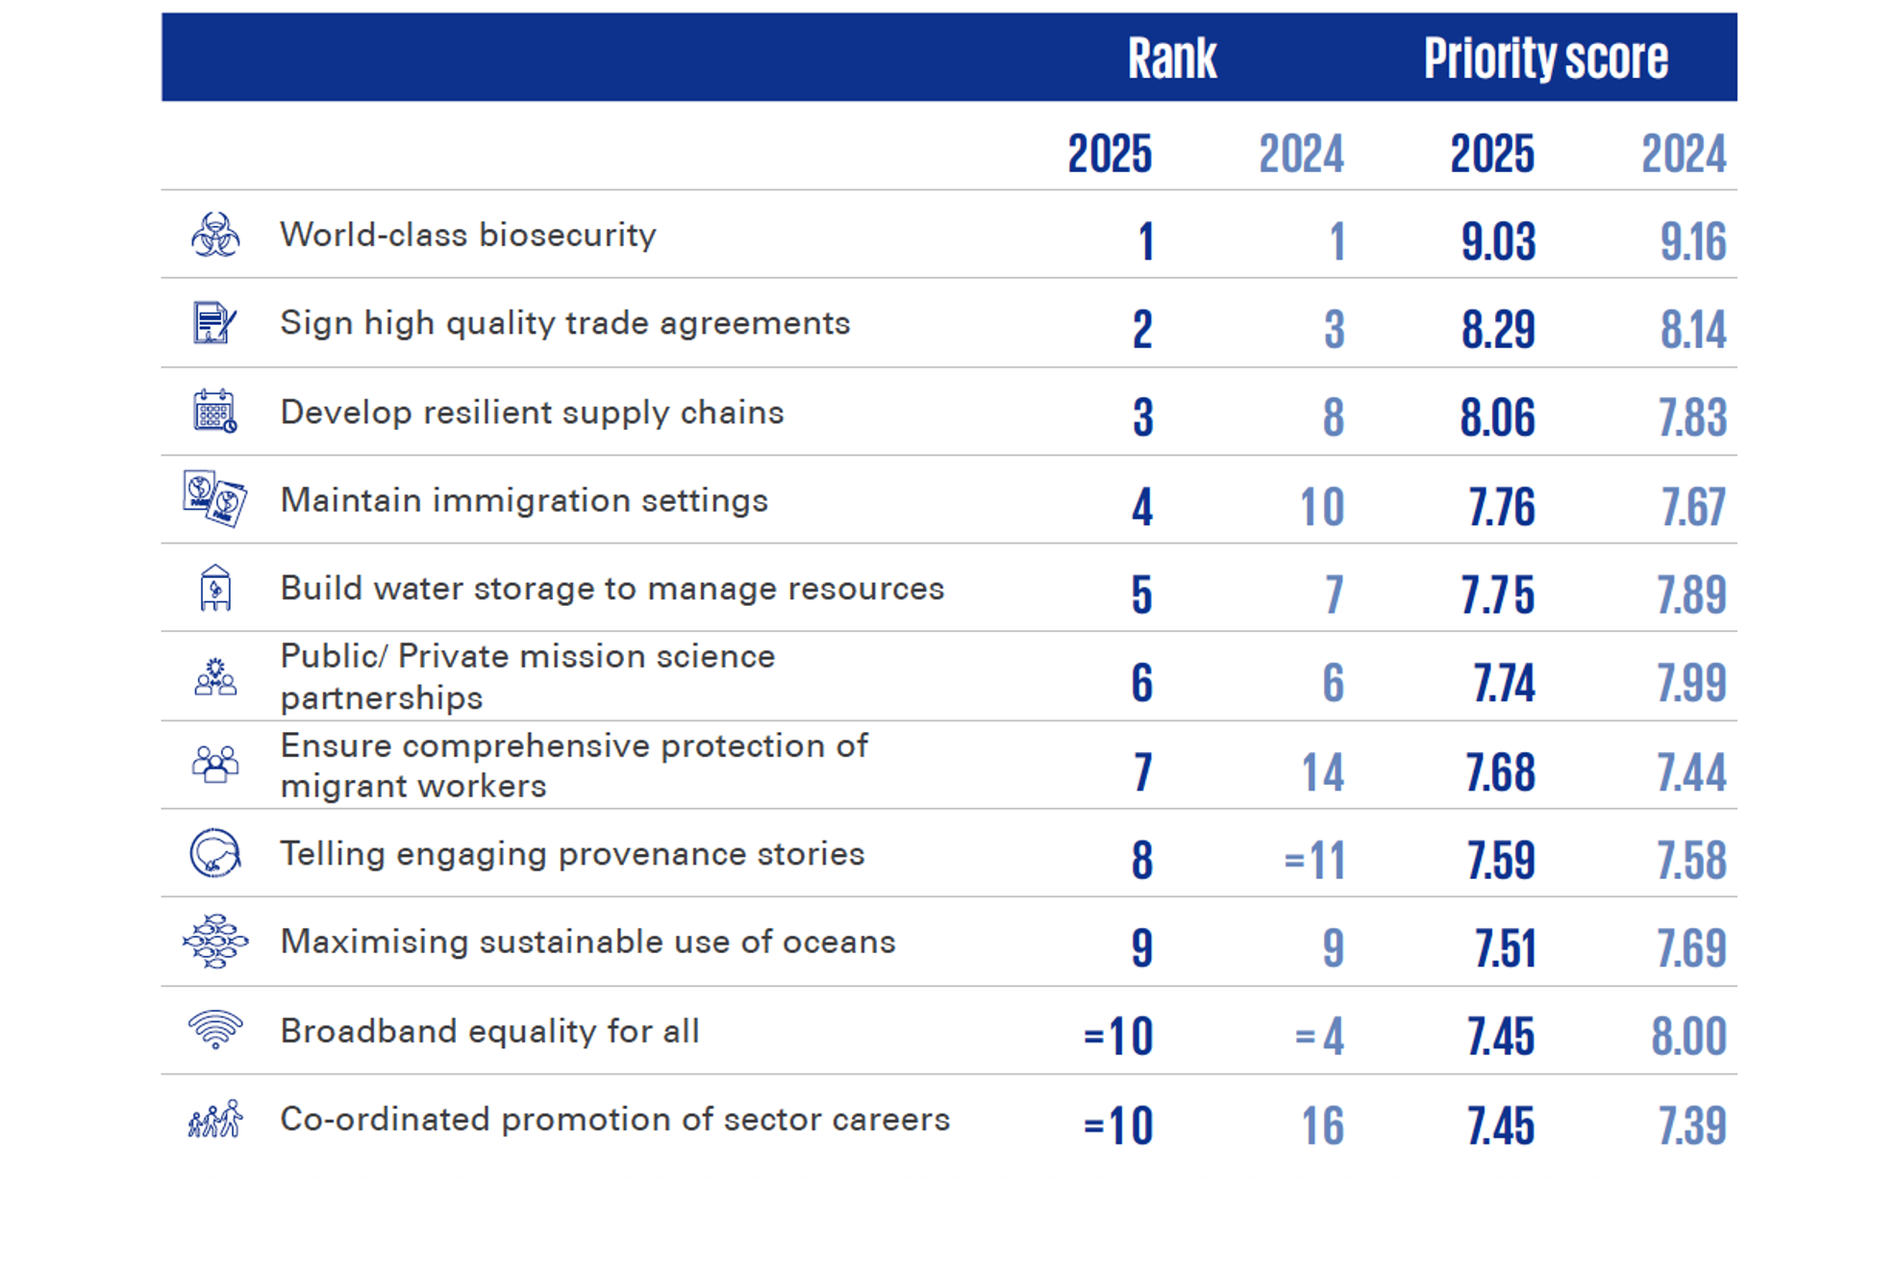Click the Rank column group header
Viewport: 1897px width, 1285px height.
(1171, 58)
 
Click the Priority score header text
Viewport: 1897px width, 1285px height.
(1545, 58)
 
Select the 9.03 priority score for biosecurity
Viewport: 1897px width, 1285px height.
(1498, 240)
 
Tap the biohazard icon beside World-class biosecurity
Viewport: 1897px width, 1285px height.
(215, 235)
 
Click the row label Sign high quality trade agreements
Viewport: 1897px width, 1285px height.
(564, 323)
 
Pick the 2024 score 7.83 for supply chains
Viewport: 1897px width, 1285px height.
(1692, 417)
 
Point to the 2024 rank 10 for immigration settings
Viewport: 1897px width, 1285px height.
(1322, 506)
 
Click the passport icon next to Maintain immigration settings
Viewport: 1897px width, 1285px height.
(215, 499)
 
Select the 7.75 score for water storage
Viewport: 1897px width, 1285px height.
(1498, 594)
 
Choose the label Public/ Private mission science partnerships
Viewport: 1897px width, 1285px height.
(527, 676)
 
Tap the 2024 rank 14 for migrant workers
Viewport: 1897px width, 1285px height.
(1322, 772)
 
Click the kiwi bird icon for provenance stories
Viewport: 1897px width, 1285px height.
(215, 853)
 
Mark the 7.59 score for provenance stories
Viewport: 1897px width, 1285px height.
(1501, 860)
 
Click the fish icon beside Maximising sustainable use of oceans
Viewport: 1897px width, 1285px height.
(215, 941)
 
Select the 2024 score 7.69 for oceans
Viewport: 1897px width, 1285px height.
(1691, 948)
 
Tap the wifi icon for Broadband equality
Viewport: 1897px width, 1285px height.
(215, 1029)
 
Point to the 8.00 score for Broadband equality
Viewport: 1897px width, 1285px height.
(1689, 1037)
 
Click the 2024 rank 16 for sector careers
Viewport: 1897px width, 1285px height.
(1322, 1125)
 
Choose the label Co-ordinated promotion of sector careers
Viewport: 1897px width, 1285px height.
(614, 1120)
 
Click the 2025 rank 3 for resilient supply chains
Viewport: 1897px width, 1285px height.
(1142, 417)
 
